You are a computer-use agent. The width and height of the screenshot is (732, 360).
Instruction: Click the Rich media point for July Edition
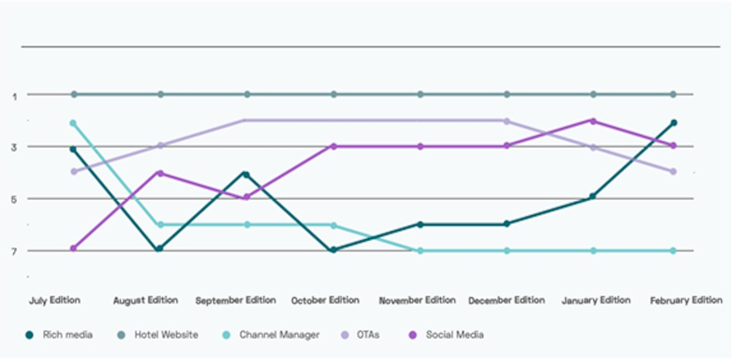click(x=74, y=149)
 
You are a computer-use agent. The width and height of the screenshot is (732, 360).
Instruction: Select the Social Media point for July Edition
click(x=74, y=248)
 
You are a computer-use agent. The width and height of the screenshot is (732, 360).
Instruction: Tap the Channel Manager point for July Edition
click(x=74, y=123)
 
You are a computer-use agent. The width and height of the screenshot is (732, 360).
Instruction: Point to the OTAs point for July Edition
click(x=74, y=171)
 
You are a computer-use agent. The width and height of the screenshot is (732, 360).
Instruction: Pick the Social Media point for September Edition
click(x=247, y=197)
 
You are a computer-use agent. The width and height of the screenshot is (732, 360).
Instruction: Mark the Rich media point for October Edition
click(x=334, y=250)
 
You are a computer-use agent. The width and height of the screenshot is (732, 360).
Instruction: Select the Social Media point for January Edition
click(x=593, y=121)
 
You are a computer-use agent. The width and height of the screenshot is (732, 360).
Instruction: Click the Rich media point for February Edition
click(x=674, y=123)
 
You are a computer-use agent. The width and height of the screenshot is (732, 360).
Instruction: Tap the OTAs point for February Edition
click(x=674, y=171)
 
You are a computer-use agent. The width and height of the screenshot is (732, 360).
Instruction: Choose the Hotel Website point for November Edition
click(x=420, y=95)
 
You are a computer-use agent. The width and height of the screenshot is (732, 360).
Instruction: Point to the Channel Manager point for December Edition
click(x=507, y=251)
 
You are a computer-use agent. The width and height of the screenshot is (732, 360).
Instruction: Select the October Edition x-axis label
click(x=325, y=300)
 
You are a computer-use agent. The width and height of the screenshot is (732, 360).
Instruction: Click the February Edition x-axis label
click(x=686, y=300)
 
